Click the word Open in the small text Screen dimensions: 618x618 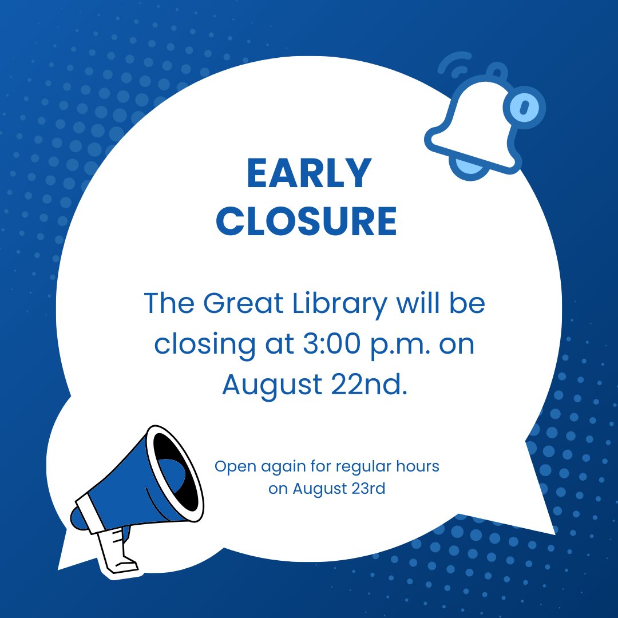click(235, 467)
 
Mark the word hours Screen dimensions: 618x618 click(418, 466)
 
